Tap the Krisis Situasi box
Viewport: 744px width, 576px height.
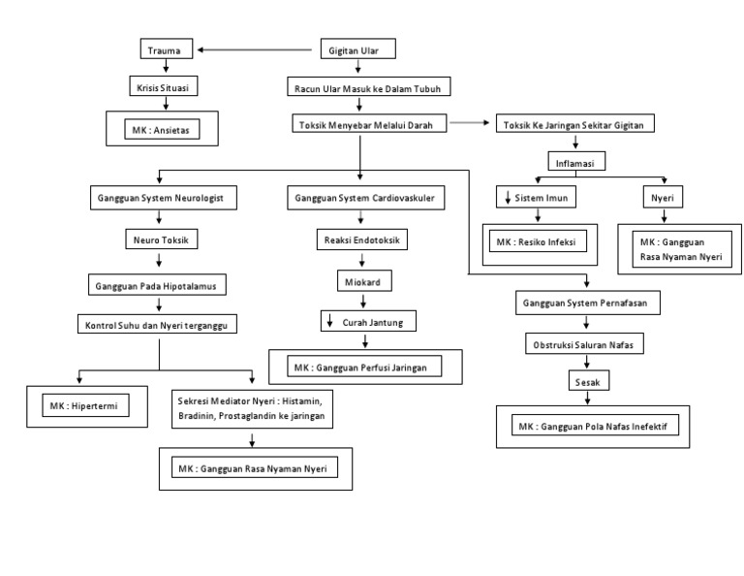tap(167, 87)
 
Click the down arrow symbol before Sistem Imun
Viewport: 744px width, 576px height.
tap(508, 201)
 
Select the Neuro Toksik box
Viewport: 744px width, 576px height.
tap(160, 239)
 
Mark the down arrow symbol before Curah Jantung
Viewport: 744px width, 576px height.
tap(329, 321)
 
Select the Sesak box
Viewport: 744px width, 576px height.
tap(588, 383)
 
